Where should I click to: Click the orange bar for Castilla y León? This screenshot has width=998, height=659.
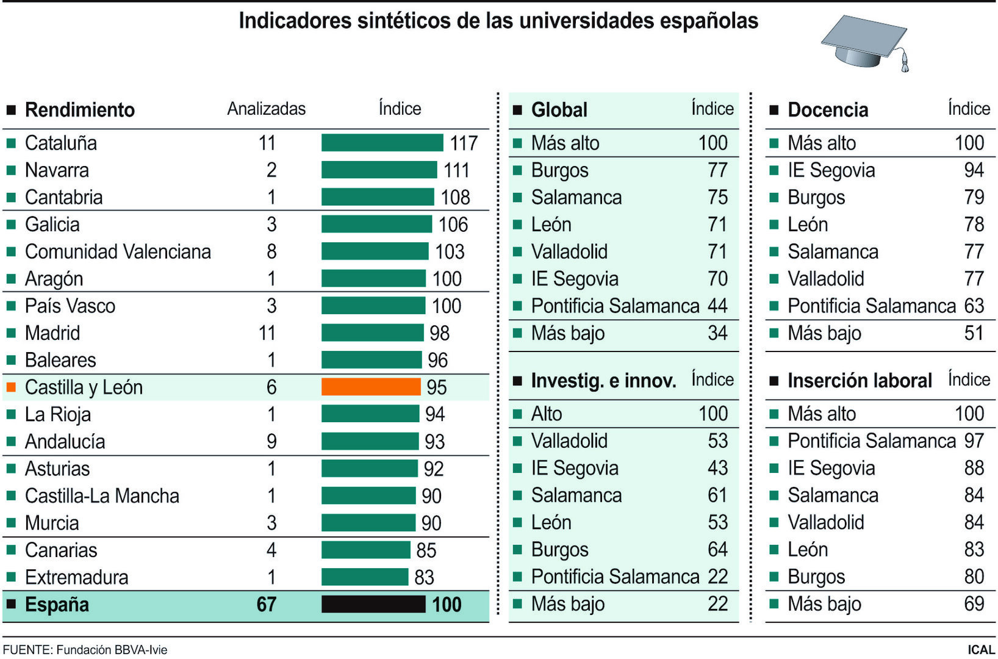(370, 387)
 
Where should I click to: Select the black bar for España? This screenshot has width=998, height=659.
(373, 604)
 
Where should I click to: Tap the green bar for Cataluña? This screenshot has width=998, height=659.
(382, 143)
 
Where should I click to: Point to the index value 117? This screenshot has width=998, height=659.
(464, 143)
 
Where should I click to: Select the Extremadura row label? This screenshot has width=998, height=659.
(76, 577)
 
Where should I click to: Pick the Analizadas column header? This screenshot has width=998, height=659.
(266, 109)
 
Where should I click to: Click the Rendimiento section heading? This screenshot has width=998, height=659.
(79, 110)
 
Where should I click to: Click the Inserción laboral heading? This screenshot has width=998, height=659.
(859, 381)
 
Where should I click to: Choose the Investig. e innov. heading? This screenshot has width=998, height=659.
(603, 381)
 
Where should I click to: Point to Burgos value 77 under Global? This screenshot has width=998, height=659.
(717, 170)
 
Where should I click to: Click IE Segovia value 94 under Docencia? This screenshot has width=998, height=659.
(974, 170)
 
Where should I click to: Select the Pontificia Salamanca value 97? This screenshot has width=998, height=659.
(974, 441)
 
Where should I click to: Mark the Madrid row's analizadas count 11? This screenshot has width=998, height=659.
(267, 333)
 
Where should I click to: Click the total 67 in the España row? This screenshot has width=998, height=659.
(267, 604)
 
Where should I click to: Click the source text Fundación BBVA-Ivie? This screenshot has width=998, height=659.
(112, 650)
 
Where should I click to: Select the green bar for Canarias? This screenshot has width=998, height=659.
(365, 550)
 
